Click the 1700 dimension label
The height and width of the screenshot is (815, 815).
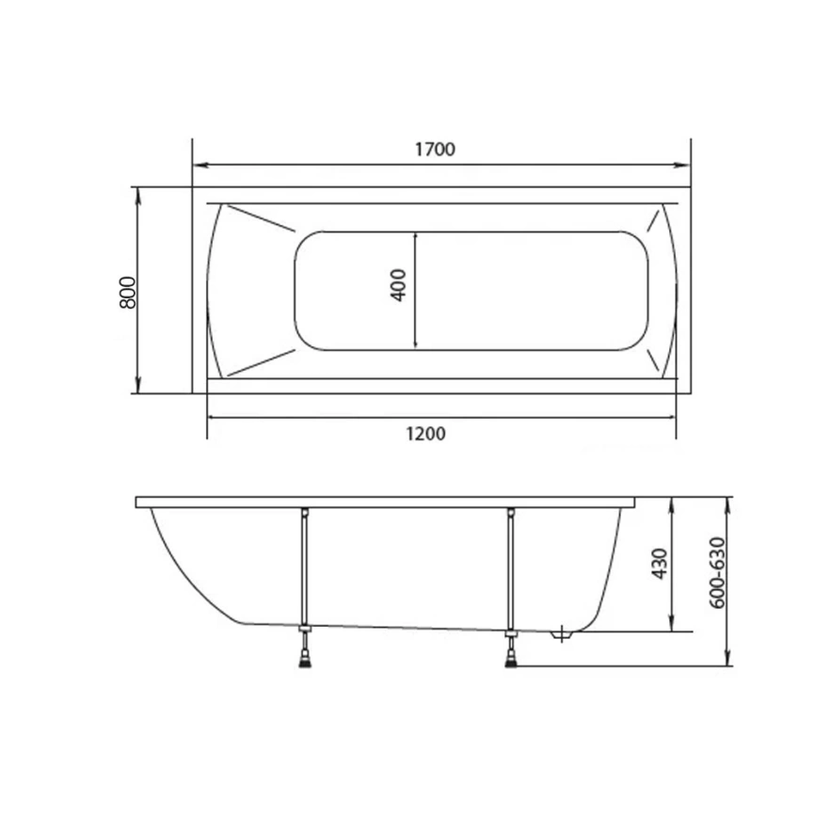(x=435, y=150)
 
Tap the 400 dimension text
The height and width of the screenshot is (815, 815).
(x=398, y=285)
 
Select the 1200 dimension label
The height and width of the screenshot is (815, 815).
(x=426, y=434)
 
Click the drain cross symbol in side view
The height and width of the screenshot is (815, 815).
(x=561, y=634)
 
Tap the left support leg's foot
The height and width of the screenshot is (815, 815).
(x=305, y=656)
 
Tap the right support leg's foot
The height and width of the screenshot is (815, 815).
(x=511, y=656)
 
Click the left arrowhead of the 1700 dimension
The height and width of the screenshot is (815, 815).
(x=198, y=166)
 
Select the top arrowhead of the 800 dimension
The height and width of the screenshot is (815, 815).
(x=139, y=193)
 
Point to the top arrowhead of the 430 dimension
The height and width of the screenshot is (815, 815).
(x=672, y=503)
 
